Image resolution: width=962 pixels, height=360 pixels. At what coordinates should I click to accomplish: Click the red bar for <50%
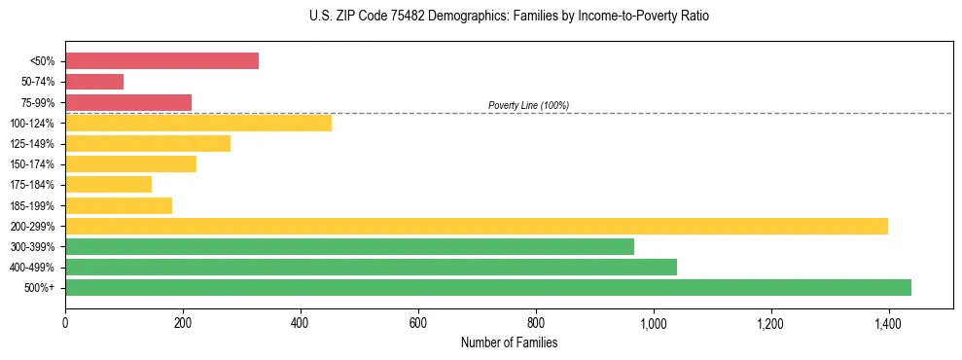click(x=161, y=61)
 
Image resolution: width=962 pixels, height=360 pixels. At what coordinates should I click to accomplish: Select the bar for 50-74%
click(x=94, y=82)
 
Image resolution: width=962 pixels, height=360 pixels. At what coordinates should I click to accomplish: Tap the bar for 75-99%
click(x=128, y=102)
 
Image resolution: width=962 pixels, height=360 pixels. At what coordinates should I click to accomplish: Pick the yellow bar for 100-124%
click(x=198, y=123)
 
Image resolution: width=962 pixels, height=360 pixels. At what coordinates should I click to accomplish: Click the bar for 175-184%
click(x=108, y=184)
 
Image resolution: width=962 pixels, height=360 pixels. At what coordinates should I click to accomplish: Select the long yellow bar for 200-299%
click(x=476, y=226)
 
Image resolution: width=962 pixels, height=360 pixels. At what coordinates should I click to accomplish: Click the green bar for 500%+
click(x=487, y=287)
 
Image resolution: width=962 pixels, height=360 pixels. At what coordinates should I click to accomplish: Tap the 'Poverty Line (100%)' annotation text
click(x=528, y=105)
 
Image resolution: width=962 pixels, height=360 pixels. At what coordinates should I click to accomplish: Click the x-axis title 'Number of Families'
click(x=509, y=342)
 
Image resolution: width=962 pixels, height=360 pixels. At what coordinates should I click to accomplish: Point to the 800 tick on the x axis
click(x=535, y=321)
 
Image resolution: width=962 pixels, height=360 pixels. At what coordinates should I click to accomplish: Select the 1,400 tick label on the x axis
click(x=888, y=321)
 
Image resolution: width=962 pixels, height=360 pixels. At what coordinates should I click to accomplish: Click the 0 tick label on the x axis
click(x=65, y=321)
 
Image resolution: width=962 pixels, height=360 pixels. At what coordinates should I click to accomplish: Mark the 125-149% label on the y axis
click(x=32, y=144)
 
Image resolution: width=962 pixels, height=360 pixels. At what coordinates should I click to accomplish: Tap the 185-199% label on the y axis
click(x=32, y=205)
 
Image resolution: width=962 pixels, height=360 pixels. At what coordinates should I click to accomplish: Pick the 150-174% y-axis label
click(x=32, y=164)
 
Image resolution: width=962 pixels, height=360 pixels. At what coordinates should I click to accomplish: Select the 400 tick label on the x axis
click(x=300, y=321)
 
